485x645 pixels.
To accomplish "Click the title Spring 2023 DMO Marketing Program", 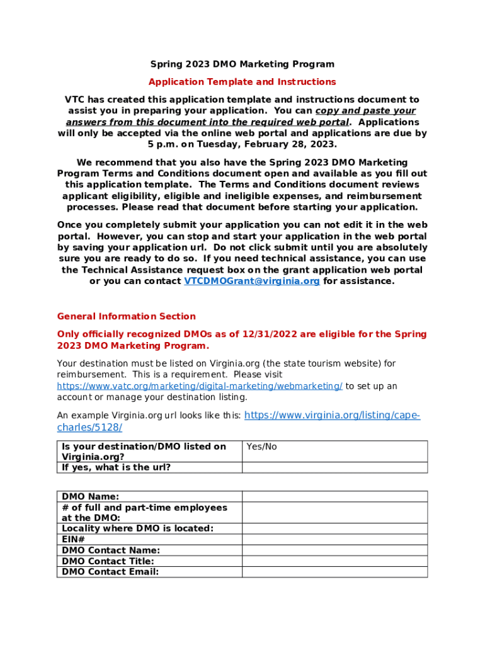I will (x=242, y=64).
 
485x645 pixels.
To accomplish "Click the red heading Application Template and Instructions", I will (x=242, y=82).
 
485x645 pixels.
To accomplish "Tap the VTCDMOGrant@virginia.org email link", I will (x=252, y=282).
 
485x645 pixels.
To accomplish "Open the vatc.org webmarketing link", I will (x=200, y=386).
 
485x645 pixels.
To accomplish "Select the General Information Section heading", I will (x=126, y=317).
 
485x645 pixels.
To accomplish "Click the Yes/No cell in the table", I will (x=334, y=452).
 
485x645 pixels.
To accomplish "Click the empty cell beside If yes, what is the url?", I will (x=334, y=467).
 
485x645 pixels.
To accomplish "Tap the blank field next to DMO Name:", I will (x=334, y=496).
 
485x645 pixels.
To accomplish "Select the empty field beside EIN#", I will (x=334, y=539).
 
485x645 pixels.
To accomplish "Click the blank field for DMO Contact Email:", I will (x=334, y=572).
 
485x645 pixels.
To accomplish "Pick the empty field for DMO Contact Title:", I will (x=334, y=561).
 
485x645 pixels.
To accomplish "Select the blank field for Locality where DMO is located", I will (x=334, y=528).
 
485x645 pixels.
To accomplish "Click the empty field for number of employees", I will (x=334, y=513).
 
